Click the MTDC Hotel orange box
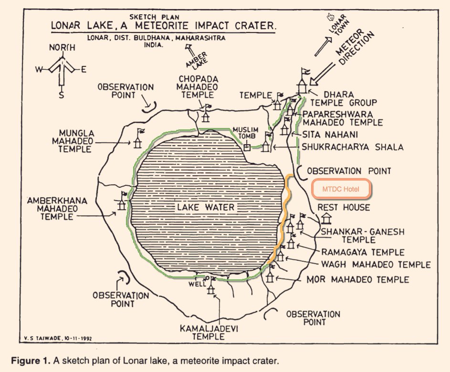tap(341, 189)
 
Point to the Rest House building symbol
tap(327, 218)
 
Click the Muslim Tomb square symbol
tap(247, 147)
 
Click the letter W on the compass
tap(39, 70)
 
